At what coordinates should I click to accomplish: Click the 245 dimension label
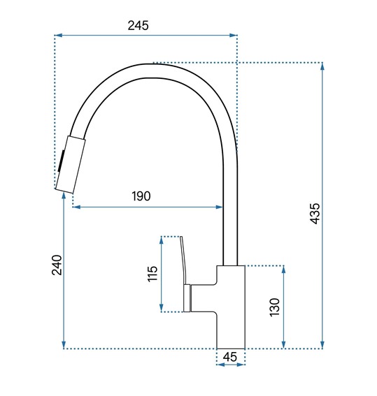(138, 26)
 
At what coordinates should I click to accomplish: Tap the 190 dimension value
(141, 196)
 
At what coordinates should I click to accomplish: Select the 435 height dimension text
(315, 214)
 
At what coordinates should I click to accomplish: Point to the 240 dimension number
(57, 265)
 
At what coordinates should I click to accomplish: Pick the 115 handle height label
(152, 274)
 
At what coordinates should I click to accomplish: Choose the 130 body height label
(275, 307)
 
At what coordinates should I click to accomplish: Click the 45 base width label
(230, 357)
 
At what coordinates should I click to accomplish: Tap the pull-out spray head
(70, 165)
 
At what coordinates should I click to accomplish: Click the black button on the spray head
(61, 161)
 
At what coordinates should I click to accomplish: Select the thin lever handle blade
(184, 260)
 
